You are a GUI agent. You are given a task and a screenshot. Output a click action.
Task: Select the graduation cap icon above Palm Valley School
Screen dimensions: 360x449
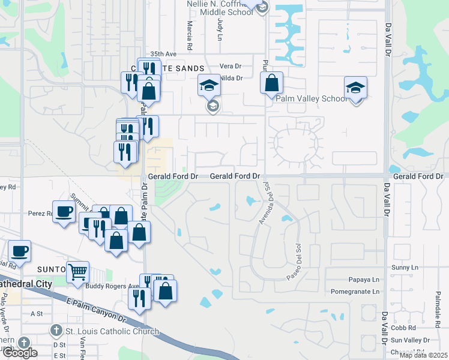coord(355,88)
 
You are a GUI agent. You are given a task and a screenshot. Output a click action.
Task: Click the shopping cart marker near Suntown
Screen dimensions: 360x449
coord(77,272)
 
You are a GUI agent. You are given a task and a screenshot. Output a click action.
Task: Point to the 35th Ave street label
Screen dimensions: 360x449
coord(164,53)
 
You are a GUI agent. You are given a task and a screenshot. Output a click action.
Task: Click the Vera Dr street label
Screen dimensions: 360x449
coord(230,66)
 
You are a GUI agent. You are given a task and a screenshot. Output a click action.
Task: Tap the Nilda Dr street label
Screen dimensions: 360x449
coord(231,78)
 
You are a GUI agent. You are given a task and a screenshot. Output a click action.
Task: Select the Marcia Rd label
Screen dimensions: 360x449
coord(190,35)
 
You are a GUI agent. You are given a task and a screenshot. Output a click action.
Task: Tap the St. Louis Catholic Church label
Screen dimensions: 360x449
coord(112,331)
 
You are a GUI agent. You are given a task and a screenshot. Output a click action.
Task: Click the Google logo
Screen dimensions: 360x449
coord(19,353)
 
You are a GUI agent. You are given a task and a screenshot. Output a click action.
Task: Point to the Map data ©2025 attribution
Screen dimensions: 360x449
coord(423,355)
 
